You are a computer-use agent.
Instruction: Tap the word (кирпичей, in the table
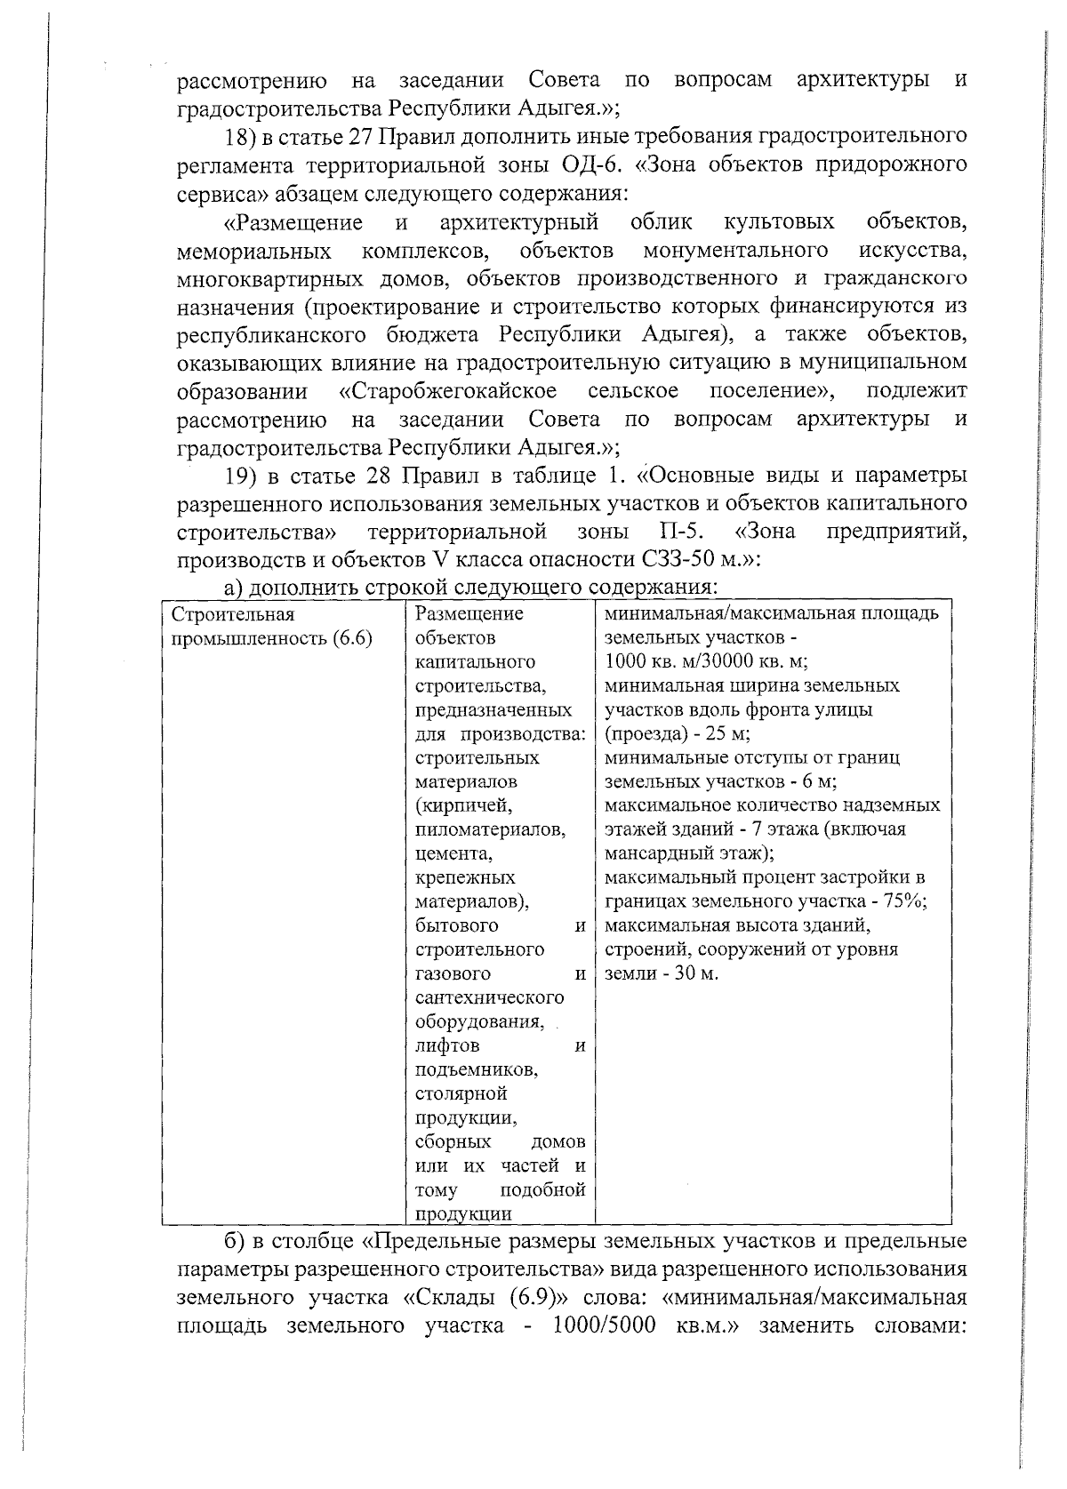(x=463, y=805)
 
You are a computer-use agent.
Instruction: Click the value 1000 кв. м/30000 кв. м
(x=705, y=662)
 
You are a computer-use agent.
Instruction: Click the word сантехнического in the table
(x=489, y=997)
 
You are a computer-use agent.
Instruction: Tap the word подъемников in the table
(x=475, y=1069)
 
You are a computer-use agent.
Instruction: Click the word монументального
(x=736, y=250)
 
